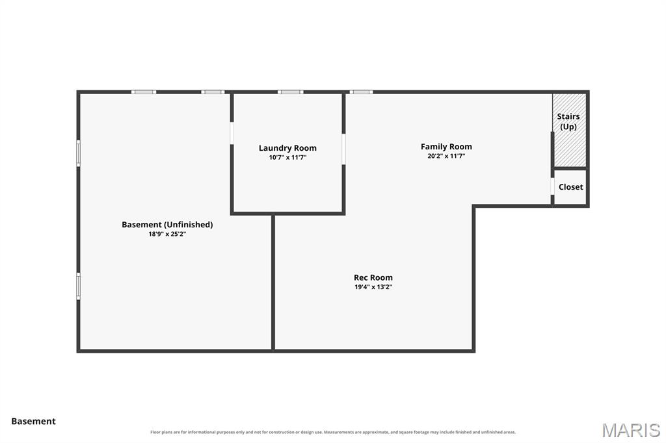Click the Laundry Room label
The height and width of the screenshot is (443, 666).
point(287,148)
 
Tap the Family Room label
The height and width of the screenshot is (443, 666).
point(446,147)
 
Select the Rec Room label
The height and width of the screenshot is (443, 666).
point(373,277)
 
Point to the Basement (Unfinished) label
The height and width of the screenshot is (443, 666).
point(167,225)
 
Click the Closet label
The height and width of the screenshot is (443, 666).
point(570,187)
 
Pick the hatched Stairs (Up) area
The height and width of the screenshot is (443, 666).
point(570,130)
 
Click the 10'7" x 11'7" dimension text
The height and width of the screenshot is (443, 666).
point(287,157)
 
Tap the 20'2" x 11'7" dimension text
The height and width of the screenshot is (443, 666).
point(446,156)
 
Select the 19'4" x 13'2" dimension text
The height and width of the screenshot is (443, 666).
point(373,287)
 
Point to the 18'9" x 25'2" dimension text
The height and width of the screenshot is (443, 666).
point(167,234)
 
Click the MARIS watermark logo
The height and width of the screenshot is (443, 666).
point(631,430)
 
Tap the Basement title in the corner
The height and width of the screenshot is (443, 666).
point(34,422)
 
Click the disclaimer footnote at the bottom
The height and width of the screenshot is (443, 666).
point(333,432)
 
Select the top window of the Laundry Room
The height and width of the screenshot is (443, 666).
point(291,92)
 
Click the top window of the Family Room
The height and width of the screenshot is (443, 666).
point(361,92)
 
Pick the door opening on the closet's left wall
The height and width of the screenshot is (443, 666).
point(553,186)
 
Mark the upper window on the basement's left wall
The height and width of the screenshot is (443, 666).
point(78,153)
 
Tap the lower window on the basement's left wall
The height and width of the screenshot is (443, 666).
point(78,286)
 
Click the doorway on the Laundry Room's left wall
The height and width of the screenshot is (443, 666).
point(232,133)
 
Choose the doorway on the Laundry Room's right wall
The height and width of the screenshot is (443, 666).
point(343,149)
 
